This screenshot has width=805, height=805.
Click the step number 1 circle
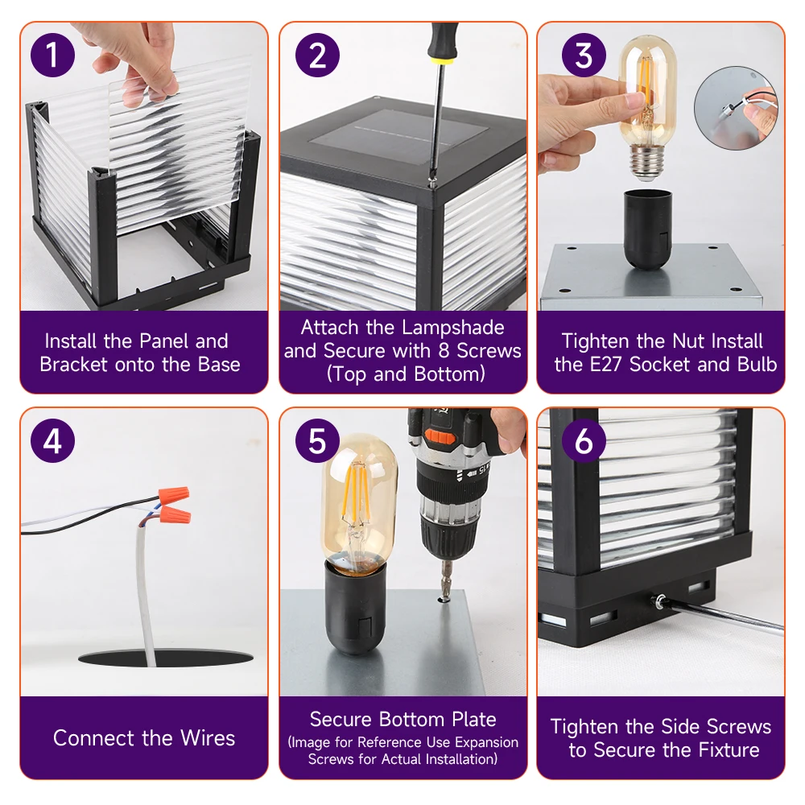pyautogui.click(x=52, y=55)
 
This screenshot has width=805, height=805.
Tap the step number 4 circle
pyautogui.click(x=52, y=440)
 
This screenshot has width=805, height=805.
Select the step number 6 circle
pyautogui.click(x=584, y=440)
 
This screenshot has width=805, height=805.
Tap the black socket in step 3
pyautogui.click(x=648, y=229)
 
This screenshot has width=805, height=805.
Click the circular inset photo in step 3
pyautogui.click(x=736, y=108)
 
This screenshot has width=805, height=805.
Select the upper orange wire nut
pyautogui.click(x=174, y=495)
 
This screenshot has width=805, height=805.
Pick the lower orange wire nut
pyautogui.click(x=175, y=514)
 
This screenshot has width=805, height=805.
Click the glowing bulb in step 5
pyautogui.click(x=359, y=504)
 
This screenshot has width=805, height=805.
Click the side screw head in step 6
pyautogui.click(x=659, y=600)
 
